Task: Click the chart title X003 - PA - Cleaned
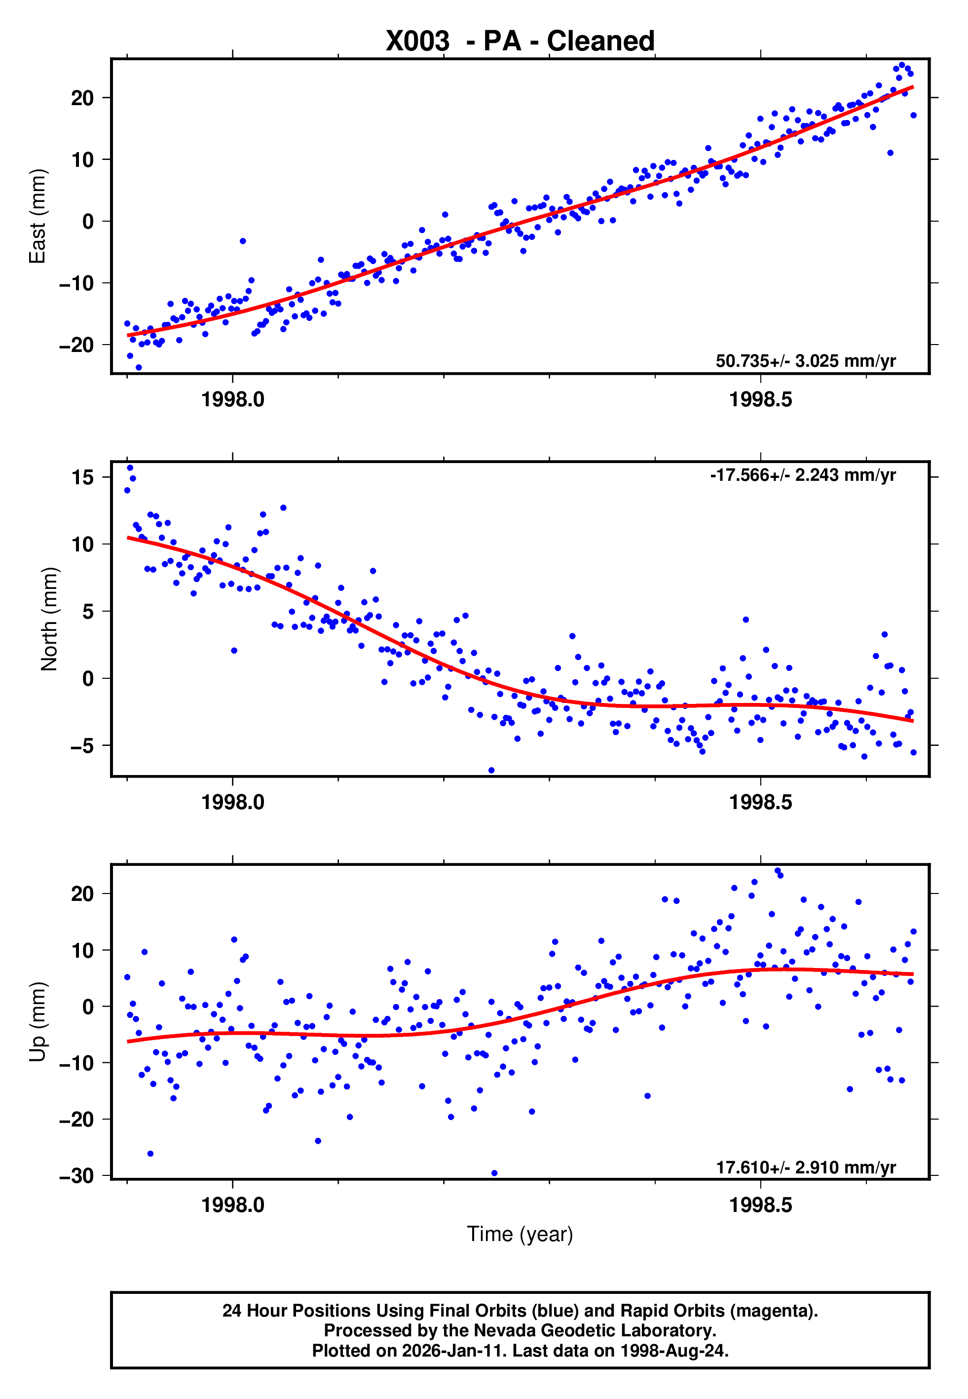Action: coord(520,41)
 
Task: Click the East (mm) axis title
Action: coord(37,216)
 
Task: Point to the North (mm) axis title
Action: coord(49,619)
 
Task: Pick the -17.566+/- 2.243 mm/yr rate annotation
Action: coord(802,475)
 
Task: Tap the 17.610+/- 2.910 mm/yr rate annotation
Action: coord(806,1167)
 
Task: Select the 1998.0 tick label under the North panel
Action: coord(232,802)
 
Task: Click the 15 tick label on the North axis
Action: coord(82,477)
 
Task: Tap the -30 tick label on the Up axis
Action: coord(76,1176)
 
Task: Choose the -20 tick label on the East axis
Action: coord(76,345)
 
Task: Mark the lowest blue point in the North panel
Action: coord(491,771)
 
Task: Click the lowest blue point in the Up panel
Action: coord(494,1173)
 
